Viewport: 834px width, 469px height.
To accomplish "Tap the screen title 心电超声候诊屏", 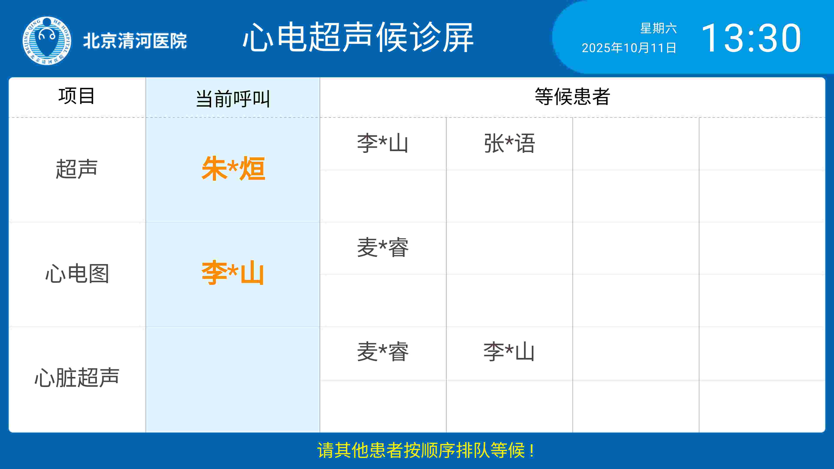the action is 358,37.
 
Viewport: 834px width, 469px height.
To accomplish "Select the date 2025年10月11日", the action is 629,48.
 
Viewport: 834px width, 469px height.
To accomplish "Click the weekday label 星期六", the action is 659,28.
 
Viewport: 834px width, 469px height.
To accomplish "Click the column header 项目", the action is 77,96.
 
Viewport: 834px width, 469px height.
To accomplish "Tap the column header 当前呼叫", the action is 233,99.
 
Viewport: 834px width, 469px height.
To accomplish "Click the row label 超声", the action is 77,169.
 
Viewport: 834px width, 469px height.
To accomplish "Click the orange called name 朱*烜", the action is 233,168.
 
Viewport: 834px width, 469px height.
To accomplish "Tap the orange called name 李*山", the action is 233,273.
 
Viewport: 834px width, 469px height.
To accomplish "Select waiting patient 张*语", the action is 509,143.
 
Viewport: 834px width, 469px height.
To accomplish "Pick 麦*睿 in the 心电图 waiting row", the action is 383,248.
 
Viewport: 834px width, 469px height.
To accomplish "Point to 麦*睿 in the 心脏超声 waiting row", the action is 383,352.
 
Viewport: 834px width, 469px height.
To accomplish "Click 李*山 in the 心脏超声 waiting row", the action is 509,352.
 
